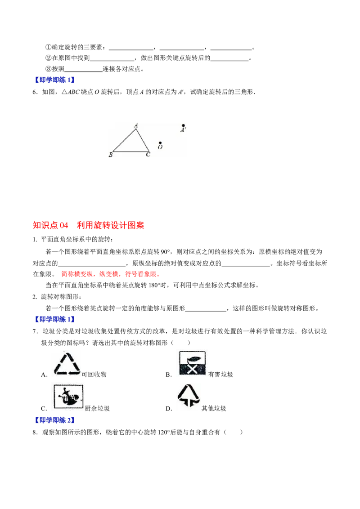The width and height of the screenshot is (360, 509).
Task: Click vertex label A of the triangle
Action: [136, 125]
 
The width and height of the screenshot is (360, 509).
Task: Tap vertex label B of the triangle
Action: [110, 155]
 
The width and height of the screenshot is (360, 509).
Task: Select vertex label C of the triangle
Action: [148, 155]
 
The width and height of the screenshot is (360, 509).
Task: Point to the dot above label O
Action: [160, 143]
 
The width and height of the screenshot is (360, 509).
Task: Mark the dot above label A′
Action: [184, 125]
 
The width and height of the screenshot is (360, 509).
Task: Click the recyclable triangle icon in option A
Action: [67, 364]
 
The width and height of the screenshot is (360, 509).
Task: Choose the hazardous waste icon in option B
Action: [192, 363]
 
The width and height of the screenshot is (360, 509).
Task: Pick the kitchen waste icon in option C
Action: [68, 396]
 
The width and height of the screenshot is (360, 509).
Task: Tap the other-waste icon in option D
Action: [189, 395]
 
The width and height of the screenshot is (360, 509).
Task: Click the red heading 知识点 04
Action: [51, 225]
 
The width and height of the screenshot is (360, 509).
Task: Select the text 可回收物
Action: [94, 374]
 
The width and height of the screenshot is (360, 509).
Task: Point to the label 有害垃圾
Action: [220, 374]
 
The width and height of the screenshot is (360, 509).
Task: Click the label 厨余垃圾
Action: [97, 408]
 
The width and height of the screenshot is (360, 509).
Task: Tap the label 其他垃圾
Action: [214, 408]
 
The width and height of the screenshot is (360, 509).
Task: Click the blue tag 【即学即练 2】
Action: [55, 420]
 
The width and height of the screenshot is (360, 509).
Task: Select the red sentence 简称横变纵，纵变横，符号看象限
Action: [110, 274]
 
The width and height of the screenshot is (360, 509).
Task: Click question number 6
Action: [35, 92]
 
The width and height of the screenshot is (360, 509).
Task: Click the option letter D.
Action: [169, 409]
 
